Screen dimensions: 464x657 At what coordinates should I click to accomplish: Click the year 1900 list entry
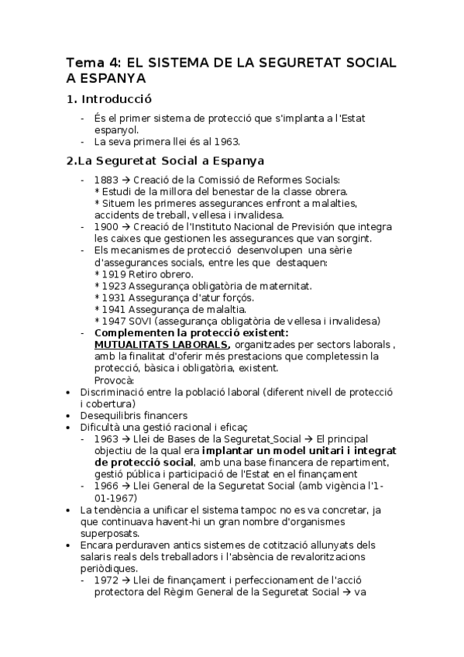coord(107,226)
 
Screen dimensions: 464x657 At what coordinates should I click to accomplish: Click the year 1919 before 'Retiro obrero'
coord(114,273)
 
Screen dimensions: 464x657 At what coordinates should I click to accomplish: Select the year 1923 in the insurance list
coord(114,285)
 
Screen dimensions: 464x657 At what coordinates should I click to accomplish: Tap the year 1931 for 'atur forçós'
coord(114,298)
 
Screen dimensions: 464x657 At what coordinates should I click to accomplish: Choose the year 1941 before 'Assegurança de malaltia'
coord(114,309)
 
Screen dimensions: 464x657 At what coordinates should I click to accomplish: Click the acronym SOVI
coord(143,321)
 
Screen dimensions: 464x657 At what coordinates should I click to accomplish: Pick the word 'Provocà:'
coord(114,380)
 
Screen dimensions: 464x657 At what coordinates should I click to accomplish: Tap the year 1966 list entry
coord(107,485)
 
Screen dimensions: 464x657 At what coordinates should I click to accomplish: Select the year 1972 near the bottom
coord(107,580)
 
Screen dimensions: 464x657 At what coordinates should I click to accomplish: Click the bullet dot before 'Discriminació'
coord(70,392)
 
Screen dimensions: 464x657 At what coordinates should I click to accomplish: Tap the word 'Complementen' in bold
coord(132,332)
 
